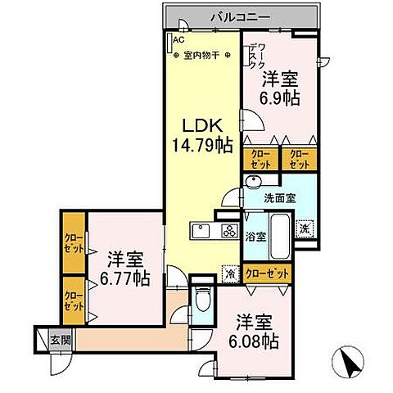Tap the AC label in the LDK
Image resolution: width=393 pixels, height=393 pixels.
click(177, 38)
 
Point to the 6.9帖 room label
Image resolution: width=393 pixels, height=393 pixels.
click(279, 88)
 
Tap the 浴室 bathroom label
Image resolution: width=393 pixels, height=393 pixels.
click(255, 237)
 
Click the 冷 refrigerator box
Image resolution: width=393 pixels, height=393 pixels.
click(232, 273)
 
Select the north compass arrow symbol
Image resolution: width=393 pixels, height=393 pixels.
click(349, 361)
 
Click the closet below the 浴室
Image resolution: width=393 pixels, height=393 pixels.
click(267, 274)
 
